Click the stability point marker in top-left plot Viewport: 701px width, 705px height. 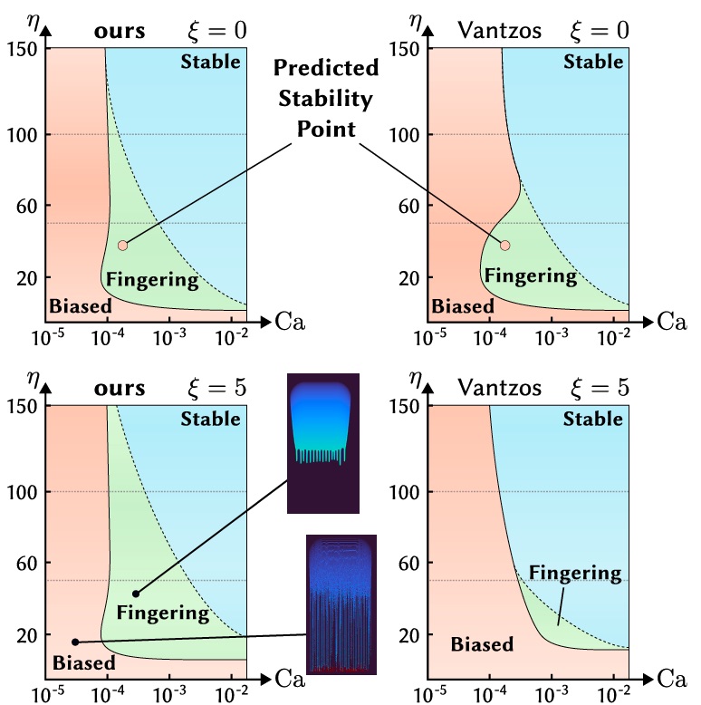(122, 245)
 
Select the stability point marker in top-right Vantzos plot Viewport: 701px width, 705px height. (505, 245)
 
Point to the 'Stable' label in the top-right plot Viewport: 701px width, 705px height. (593, 62)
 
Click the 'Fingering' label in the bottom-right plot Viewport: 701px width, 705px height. (575, 573)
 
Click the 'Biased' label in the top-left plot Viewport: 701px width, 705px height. (81, 305)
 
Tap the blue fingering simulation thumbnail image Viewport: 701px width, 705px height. (323, 442)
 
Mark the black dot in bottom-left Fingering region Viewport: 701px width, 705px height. (136, 594)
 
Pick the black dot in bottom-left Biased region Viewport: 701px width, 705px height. (75, 642)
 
